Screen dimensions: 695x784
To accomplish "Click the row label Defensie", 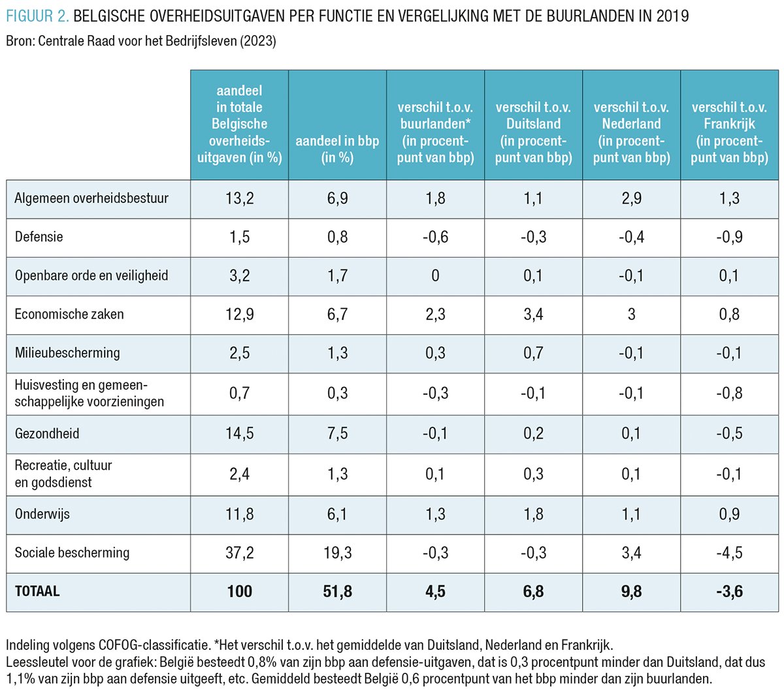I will (39, 237).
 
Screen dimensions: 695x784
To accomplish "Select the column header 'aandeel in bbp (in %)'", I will (337, 149).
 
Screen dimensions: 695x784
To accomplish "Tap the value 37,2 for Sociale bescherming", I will (239, 553).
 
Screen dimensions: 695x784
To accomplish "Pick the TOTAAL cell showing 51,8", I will (337, 591).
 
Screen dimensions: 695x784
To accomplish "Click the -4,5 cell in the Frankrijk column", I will (729, 553).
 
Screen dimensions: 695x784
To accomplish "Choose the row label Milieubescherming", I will (67, 353).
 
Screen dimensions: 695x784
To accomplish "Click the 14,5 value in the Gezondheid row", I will (239, 433).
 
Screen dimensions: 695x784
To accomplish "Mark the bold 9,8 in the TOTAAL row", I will (631, 591).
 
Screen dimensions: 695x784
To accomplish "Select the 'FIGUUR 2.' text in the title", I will (37, 15).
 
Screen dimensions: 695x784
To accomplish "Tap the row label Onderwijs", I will (42, 514).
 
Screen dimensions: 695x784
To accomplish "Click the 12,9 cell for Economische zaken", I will (239, 315).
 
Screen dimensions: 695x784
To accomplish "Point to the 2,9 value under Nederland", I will (631, 198).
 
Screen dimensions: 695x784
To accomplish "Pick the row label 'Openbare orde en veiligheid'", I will (91, 275).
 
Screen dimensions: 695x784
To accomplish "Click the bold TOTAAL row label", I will (37, 591).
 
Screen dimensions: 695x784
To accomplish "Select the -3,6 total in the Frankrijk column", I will (729, 591).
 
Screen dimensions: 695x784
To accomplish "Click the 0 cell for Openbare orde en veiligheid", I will (435, 275).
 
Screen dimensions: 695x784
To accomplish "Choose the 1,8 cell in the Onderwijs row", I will (533, 514).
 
